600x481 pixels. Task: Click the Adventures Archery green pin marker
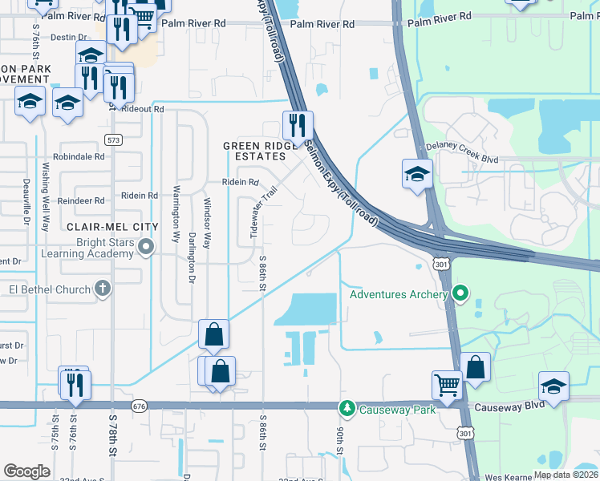tap(459, 294)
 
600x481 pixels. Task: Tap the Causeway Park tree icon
tap(347, 409)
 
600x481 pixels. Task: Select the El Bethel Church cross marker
tap(102, 288)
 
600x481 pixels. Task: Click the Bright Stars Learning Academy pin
tap(145, 248)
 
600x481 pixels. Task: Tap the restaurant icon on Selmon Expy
tap(297, 125)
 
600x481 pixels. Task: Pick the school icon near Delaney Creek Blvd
tap(417, 175)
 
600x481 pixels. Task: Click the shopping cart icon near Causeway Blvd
tap(447, 384)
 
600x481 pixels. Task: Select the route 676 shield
tap(140, 407)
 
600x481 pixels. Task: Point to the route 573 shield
tap(113, 139)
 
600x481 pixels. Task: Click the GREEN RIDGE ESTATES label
tap(255, 151)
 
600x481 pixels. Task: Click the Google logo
tap(26, 471)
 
